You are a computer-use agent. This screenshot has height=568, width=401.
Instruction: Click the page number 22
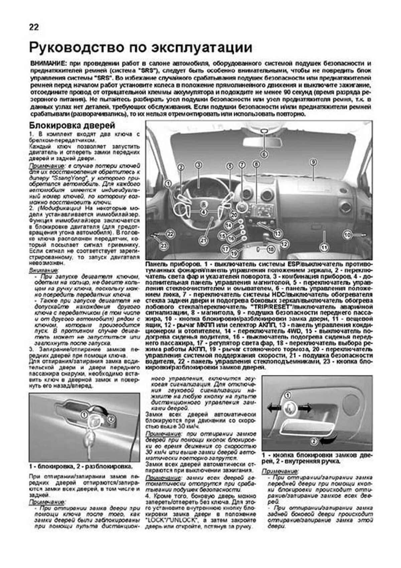[x=34, y=27]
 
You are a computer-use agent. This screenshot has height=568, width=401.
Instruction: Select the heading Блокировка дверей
[x=72, y=126]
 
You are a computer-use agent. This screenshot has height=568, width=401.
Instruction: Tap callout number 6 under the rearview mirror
[x=264, y=154]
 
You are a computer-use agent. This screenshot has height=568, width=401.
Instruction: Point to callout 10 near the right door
[x=348, y=235]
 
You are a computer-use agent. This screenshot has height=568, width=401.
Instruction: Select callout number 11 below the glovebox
[x=323, y=248]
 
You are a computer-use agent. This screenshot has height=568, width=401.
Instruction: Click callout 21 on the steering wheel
[x=203, y=240]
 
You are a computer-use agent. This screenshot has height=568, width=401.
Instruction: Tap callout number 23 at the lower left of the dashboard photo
[x=163, y=246]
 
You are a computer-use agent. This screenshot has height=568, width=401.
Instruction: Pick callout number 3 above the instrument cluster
[x=198, y=165]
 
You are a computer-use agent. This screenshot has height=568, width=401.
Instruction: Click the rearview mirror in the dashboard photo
[x=264, y=141]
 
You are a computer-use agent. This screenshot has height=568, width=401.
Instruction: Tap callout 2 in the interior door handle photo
[x=313, y=441]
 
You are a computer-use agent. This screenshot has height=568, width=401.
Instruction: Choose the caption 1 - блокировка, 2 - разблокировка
[x=81, y=466]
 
